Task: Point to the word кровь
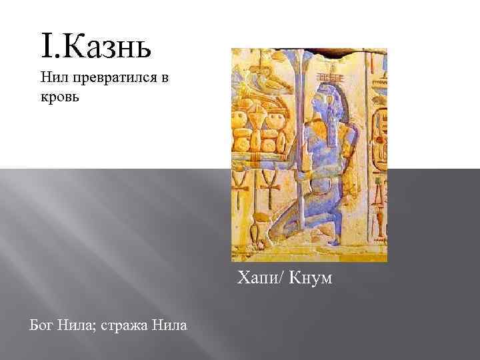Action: click(x=59, y=97)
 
